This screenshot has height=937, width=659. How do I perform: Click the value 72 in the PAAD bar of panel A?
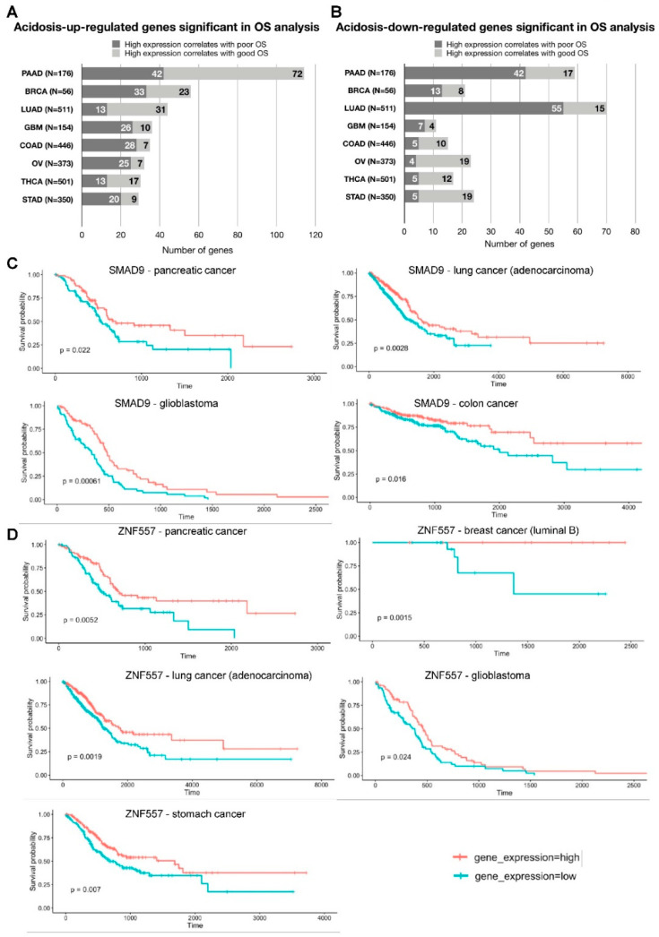295,73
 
